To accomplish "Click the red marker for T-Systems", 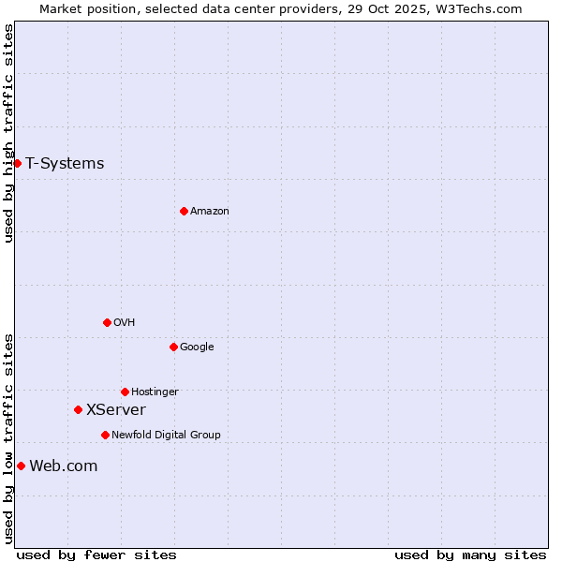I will point(17,163).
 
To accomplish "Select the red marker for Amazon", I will point(184,211).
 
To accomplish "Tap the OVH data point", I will point(107,322).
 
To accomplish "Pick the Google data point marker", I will point(173,347).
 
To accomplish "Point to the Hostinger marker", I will point(125,392).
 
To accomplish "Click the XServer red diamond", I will point(78,409).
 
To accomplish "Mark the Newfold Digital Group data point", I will point(105,435).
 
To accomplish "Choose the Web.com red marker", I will point(21,466).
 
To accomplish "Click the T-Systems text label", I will point(65,163).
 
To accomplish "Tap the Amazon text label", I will point(210,211).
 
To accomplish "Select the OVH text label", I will point(125,322).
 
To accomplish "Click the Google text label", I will point(197,347).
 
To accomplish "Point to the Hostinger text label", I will point(155,392).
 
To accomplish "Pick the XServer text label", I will point(116,409).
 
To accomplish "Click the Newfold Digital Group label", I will point(166,435).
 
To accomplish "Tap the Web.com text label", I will point(64,466).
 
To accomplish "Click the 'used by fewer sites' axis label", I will point(96,555).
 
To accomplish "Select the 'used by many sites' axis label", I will point(470,555).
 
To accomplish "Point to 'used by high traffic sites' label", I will point(8,133).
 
